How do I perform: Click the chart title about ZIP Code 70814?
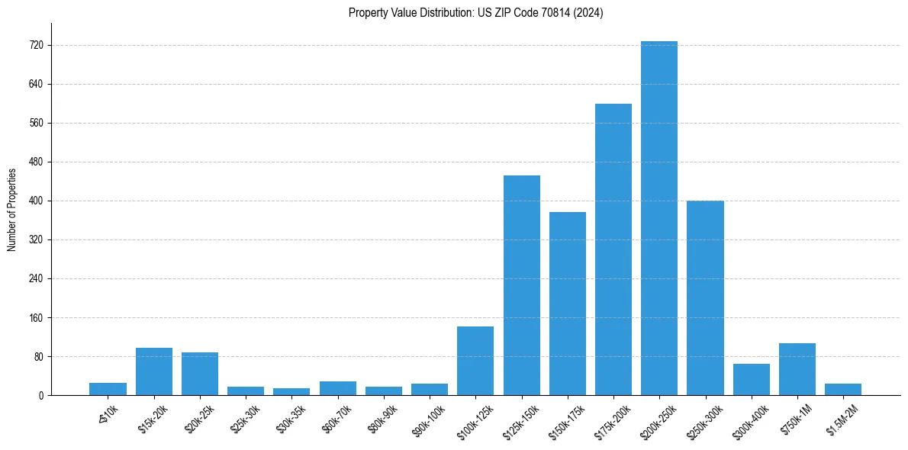click(475, 13)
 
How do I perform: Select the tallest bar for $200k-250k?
click(659, 218)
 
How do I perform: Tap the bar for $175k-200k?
click(613, 249)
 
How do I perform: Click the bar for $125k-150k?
click(522, 285)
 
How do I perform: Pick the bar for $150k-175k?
click(568, 304)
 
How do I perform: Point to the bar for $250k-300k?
click(705, 298)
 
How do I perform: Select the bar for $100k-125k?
click(475, 361)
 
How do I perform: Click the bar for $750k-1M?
click(797, 369)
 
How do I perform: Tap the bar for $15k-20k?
click(154, 371)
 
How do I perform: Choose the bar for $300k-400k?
click(752, 380)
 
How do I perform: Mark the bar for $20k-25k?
click(200, 374)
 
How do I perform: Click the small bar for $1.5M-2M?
click(843, 390)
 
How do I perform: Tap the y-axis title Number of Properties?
click(11, 210)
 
